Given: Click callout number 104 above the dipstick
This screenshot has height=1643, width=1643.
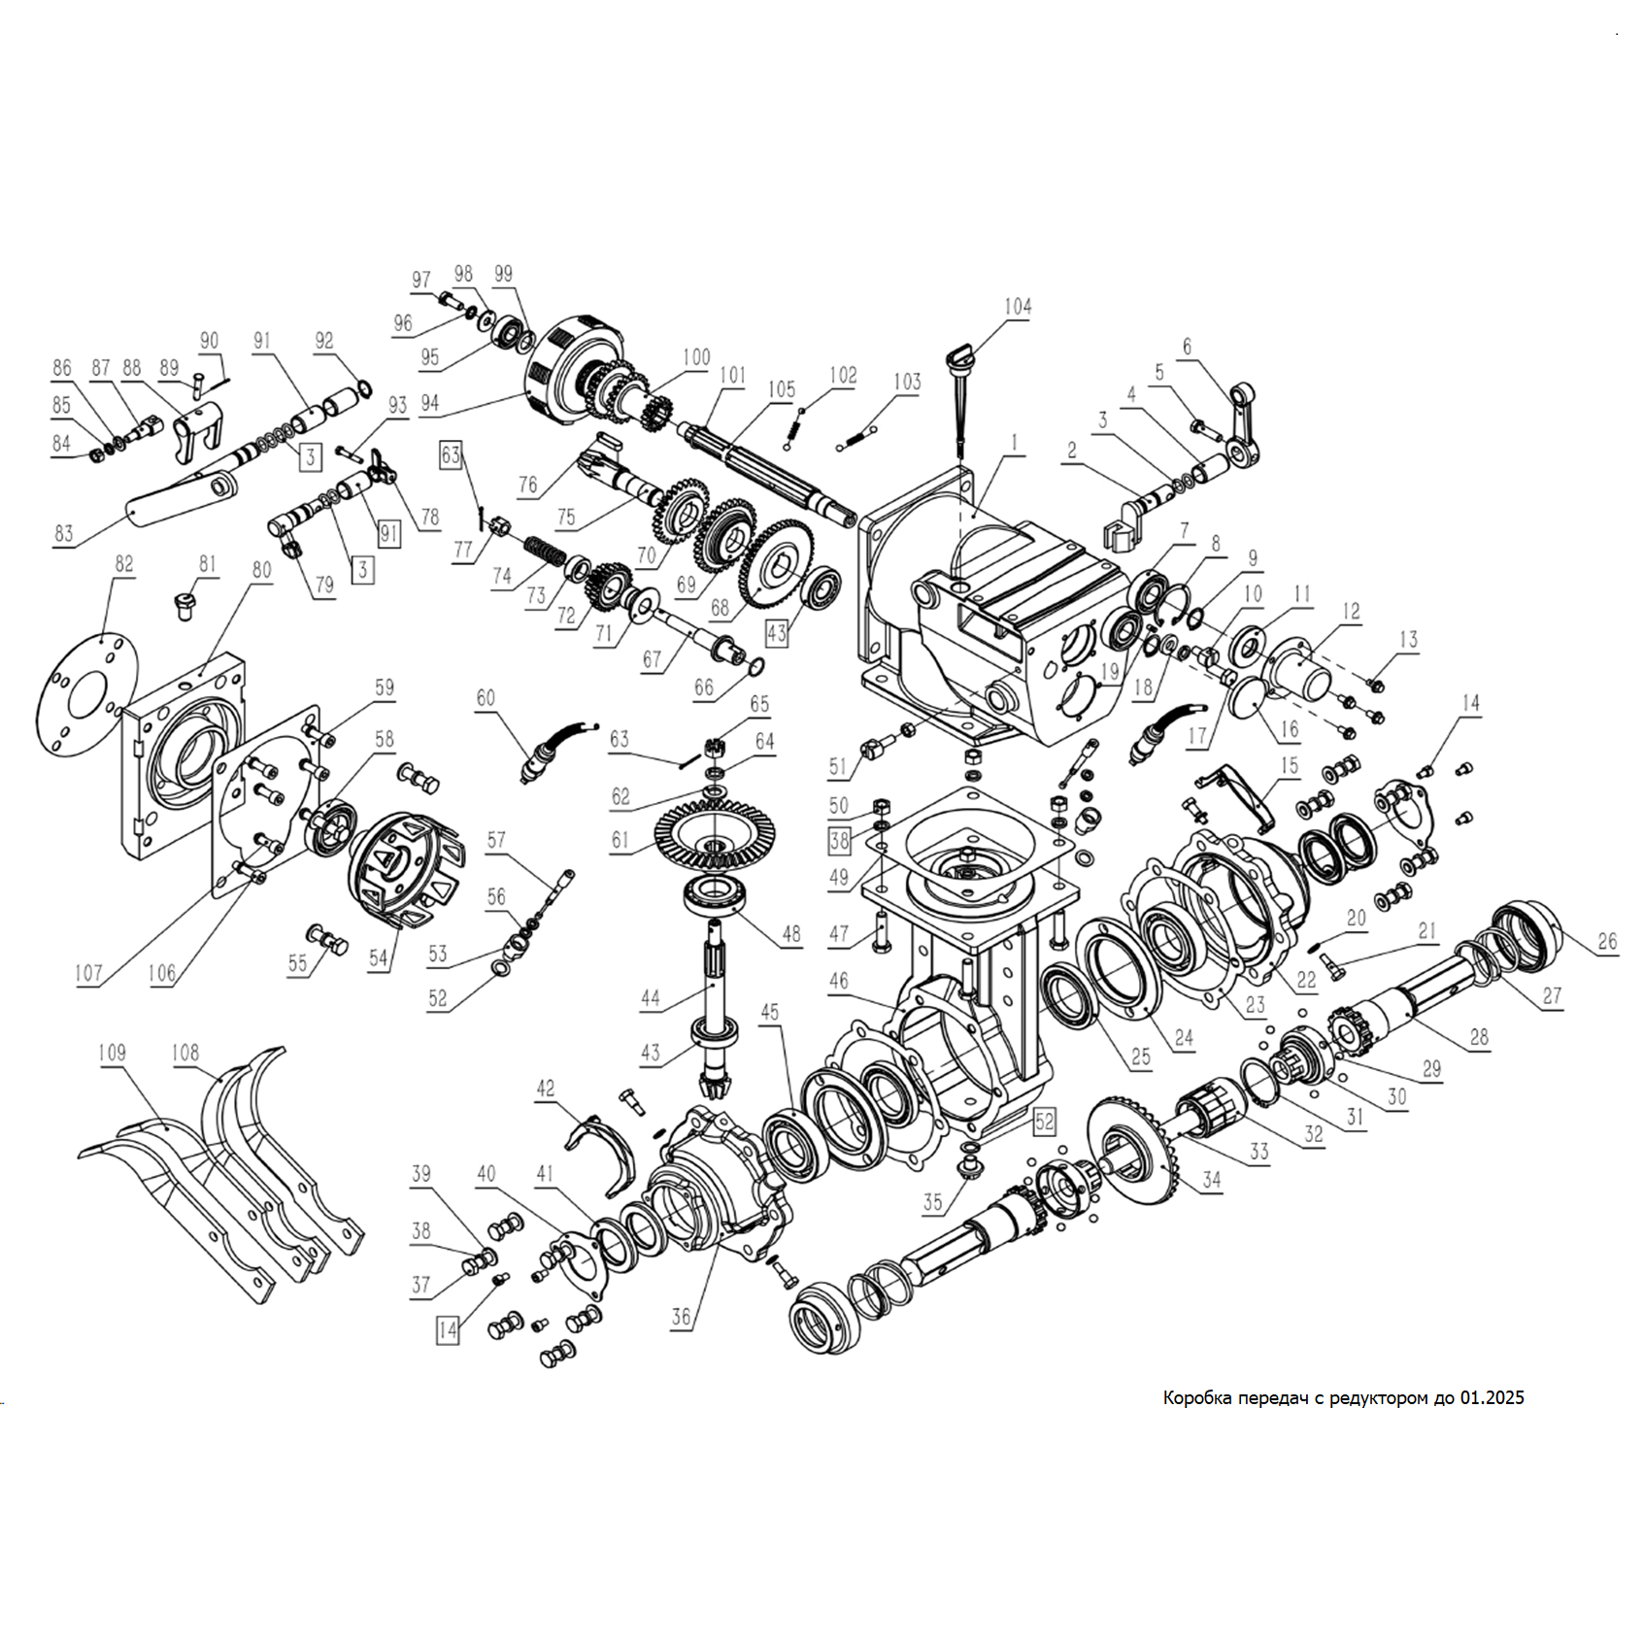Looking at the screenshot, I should tap(1017, 307).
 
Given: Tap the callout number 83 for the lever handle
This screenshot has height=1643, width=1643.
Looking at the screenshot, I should tap(64, 533).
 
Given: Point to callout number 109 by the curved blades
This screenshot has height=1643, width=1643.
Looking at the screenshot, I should tap(112, 1053).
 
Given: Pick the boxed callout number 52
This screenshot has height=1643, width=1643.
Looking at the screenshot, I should tap(1043, 1122).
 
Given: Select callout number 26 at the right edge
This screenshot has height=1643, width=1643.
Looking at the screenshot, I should tap(1607, 941).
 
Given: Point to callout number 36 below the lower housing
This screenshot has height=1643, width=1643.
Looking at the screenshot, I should tap(681, 1317).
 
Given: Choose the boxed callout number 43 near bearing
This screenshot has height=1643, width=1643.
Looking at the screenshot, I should tap(776, 633).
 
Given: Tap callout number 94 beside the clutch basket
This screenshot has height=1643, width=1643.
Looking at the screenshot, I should tap(429, 403).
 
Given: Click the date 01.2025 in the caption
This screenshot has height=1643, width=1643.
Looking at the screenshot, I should tap(1492, 1398).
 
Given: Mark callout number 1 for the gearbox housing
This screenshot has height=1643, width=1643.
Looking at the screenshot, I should tap(1015, 443).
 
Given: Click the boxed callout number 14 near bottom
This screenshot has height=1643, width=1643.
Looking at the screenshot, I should tap(447, 1330).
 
